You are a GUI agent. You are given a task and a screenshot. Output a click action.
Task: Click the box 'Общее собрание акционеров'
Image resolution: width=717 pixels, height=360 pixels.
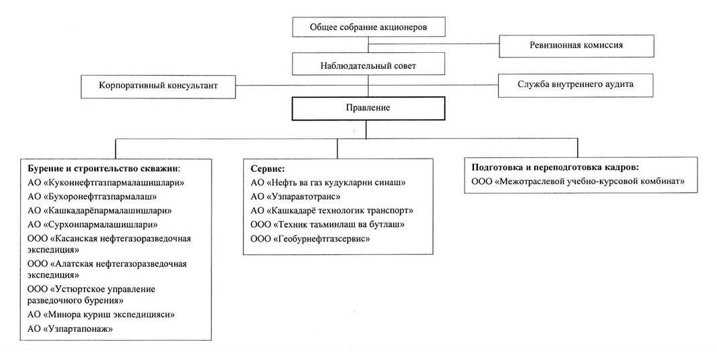pyautogui.click(x=368, y=27)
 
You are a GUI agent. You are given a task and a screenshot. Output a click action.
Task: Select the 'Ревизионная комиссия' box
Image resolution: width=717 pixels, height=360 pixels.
pyautogui.click(x=576, y=46)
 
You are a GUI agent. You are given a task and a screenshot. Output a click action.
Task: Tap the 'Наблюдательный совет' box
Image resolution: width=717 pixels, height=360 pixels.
pyautogui.click(x=368, y=65)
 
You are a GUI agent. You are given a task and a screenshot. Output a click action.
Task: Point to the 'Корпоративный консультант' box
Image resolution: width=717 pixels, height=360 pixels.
pyautogui.click(x=158, y=86)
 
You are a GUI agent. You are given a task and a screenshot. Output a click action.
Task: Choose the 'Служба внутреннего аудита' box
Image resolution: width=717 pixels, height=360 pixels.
pyautogui.click(x=576, y=85)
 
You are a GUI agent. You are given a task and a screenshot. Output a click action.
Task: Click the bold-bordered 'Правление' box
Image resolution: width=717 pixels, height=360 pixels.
pyautogui.click(x=368, y=108)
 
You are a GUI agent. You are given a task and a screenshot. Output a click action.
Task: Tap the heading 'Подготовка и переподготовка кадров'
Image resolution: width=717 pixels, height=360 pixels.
pyautogui.click(x=555, y=167)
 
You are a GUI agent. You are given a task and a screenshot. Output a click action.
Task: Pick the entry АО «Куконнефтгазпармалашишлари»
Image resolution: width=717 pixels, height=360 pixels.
pyautogui.click(x=106, y=183)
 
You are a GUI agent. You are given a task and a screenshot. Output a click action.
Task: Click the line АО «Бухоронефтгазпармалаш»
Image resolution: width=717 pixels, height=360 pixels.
pyautogui.click(x=92, y=197)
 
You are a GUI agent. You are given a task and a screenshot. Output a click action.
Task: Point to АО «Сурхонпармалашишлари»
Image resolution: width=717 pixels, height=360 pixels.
pyautogui.click(x=93, y=225)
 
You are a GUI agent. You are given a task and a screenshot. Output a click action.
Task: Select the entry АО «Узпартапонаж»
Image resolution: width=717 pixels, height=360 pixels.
pyautogui.click(x=70, y=329)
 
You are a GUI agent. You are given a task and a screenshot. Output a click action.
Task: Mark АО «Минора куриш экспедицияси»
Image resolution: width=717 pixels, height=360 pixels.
pyautogui.click(x=101, y=314)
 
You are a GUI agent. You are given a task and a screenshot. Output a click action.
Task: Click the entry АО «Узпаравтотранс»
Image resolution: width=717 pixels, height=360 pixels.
pyautogui.click(x=295, y=197)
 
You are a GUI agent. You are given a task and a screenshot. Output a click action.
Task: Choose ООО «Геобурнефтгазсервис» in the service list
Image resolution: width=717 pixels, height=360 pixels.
pyautogui.click(x=310, y=239)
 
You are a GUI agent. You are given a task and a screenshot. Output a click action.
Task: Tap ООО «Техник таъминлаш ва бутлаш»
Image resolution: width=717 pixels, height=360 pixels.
pyautogui.click(x=327, y=225)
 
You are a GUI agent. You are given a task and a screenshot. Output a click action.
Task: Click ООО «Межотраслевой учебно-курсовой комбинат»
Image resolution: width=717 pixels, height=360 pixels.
pyautogui.click(x=578, y=181)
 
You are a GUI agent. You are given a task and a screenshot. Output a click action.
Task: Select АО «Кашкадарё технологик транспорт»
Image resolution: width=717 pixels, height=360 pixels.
pyautogui.click(x=331, y=211)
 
